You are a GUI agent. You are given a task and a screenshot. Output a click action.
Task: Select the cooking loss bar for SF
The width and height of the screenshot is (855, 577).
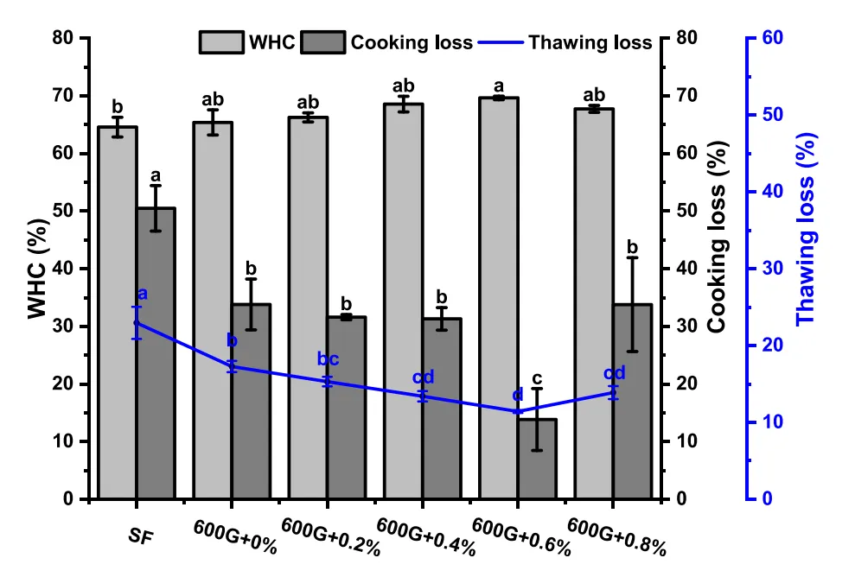(156, 353)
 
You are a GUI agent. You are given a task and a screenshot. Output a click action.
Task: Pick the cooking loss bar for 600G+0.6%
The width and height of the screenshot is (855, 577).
(537, 459)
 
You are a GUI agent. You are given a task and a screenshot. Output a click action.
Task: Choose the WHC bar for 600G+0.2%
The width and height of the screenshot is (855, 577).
(308, 308)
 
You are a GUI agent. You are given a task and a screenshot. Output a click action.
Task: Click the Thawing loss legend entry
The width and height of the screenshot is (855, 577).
(571, 42)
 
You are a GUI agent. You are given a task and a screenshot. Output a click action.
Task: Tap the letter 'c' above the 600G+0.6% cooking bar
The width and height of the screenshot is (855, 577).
(537, 377)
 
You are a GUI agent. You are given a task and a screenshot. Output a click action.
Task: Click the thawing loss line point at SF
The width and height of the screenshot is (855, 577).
(137, 322)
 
